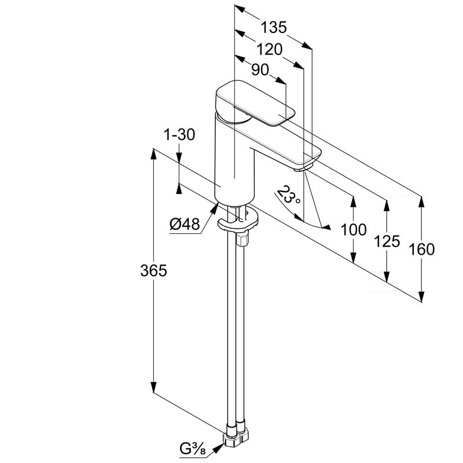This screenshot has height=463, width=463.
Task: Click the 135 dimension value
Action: click(273, 27)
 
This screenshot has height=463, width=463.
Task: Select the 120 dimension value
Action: click(269, 49)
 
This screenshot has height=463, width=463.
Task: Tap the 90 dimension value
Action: click(260, 70)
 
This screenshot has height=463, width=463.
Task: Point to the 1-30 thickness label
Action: click(179, 135)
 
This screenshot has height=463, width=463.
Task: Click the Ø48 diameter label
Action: click(185, 224)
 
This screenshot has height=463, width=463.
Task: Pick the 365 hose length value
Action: click(153, 270)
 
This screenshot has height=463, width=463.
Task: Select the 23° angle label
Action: click(288, 196)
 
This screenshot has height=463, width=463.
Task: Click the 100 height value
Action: click(354, 229)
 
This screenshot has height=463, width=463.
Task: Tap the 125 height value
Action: click(387, 241)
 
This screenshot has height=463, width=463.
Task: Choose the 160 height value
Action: click(422, 249)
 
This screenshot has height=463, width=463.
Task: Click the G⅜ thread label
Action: click(193, 449)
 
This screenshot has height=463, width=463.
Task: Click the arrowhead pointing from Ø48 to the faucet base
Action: click(214, 208)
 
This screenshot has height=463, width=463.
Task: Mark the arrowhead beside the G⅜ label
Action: click(218, 448)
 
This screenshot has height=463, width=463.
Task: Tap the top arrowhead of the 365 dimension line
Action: click(153, 155)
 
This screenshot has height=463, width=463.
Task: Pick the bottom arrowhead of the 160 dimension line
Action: click(422, 296)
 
